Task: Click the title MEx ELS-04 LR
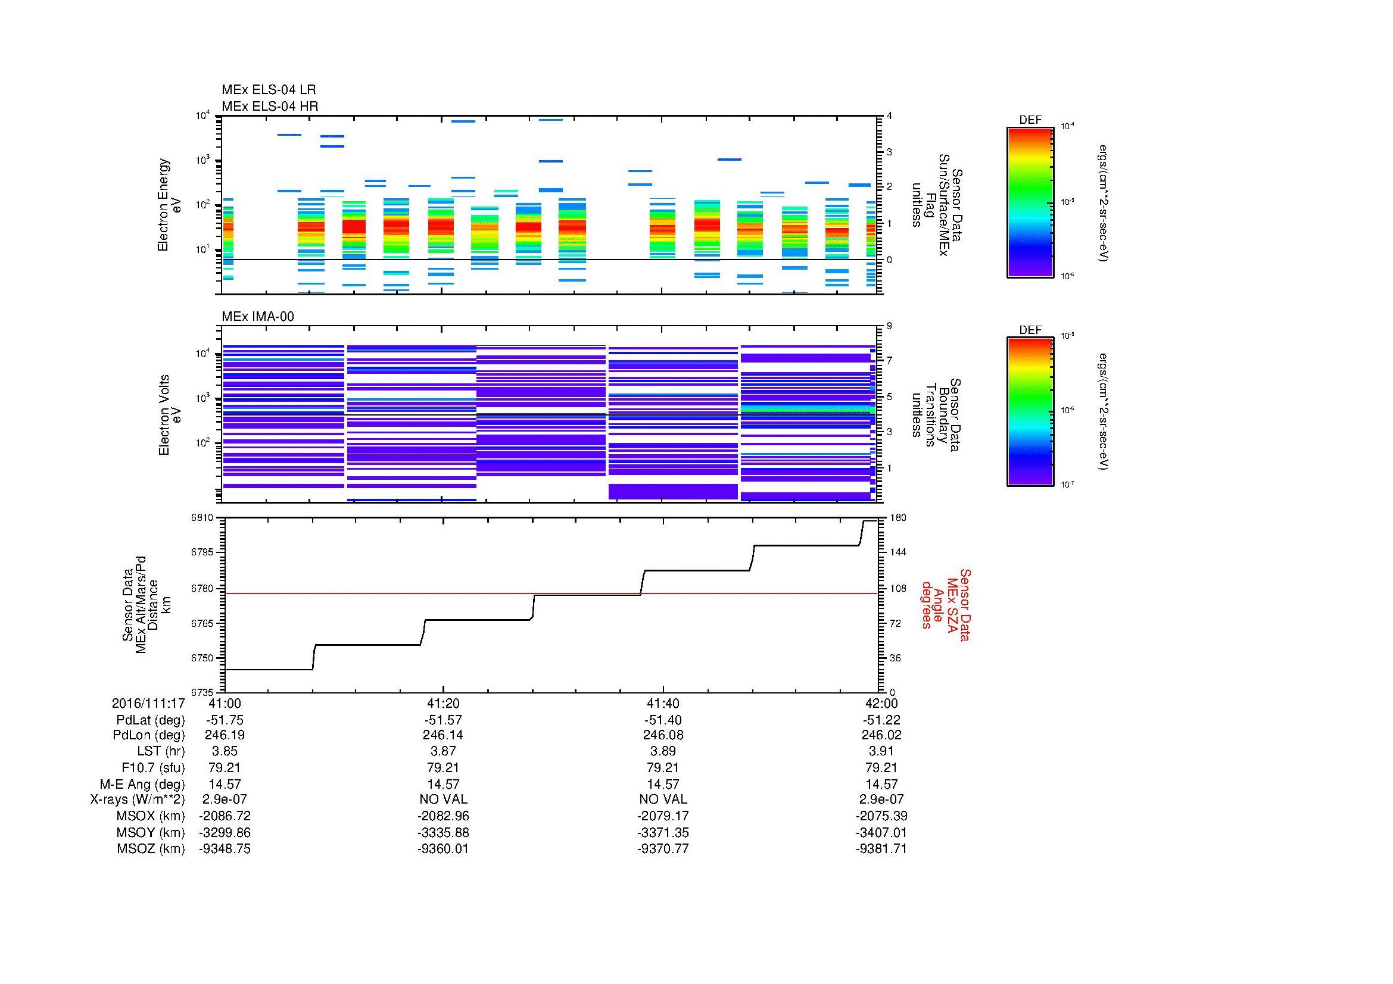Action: [268, 90]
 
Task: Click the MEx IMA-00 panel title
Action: [257, 317]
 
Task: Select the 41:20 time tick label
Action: [443, 703]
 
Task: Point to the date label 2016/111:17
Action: [148, 703]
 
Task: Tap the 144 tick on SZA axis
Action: [897, 552]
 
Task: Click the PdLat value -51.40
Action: [662, 720]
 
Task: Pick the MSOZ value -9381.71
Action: [881, 849]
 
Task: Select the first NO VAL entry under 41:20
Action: [443, 799]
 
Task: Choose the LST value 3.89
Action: [662, 751]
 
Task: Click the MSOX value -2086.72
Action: [225, 816]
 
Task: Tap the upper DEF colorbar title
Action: [1030, 120]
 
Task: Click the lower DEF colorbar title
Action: [1030, 330]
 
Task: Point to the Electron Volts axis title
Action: [170, 415]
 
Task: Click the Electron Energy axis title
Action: [169, 205]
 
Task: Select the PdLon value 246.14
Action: [443, 735]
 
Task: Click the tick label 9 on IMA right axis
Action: [889, 326]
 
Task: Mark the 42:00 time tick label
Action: [881, 703]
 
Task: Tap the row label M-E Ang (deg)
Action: [142, 784]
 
